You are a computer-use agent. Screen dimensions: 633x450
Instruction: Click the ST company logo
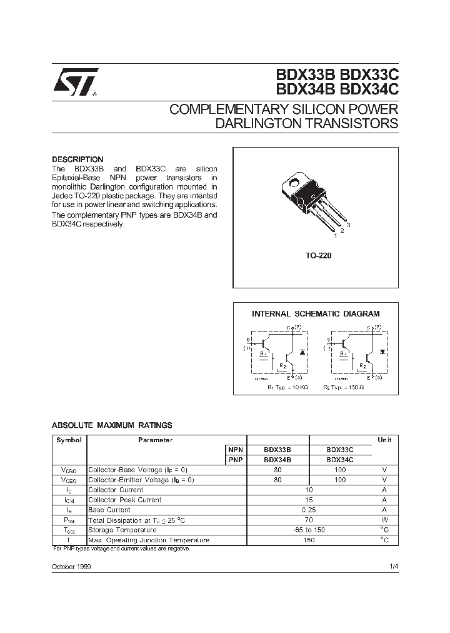click(x=74, y=82)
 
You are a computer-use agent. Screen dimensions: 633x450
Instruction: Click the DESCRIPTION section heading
click(x=77, y=160)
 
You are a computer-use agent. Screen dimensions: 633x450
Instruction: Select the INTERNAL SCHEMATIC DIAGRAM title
click(x=316, y=314)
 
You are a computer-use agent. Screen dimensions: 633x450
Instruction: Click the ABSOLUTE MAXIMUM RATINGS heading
click(x=112, y=425)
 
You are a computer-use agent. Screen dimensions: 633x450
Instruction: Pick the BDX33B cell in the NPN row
click(x=277, y=450)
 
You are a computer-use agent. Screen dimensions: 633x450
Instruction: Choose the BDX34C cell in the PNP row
click(x=340, y=460)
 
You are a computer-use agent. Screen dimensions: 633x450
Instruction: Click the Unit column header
click(x=384, y=440)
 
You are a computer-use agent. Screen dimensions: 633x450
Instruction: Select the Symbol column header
click(x=69, y=440)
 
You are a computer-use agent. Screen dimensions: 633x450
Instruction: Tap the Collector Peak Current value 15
click(x=308, y=500)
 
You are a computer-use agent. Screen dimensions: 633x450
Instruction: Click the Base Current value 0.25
click(x=308, y=510)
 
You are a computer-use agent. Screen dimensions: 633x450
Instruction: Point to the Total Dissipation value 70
click(x=308, y=520)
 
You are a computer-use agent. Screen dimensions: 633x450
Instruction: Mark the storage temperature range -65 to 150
click(x=308, y=530)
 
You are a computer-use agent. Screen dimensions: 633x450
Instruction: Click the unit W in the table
click(x=384, y=520)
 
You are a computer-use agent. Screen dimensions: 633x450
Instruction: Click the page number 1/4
click(x=392, y=565)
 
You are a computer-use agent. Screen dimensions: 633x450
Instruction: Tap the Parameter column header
click(x=155, y=440)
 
